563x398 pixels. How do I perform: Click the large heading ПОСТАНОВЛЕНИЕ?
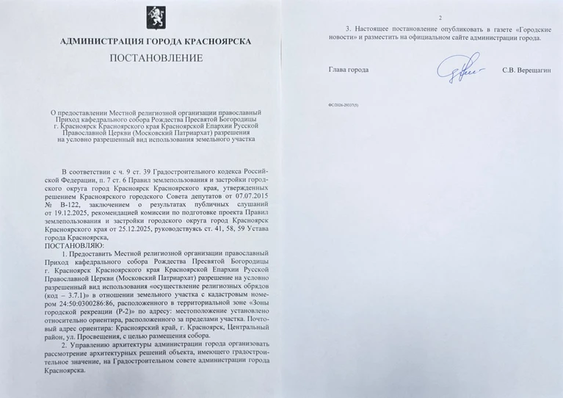click(x=155, y=59)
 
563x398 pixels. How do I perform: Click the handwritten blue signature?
click(x=455, y=68)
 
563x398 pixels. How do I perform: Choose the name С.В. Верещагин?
click(x=526, y=70)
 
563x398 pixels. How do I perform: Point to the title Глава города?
click(x=348, y=70)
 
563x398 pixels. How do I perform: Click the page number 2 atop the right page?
click(x=439, y=17)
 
